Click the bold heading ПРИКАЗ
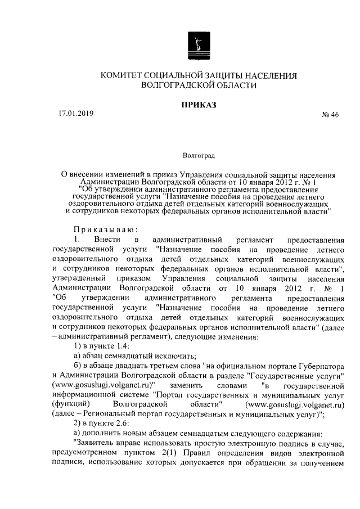click(x=197, y=104)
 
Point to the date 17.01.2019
click(x=76, y=113)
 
